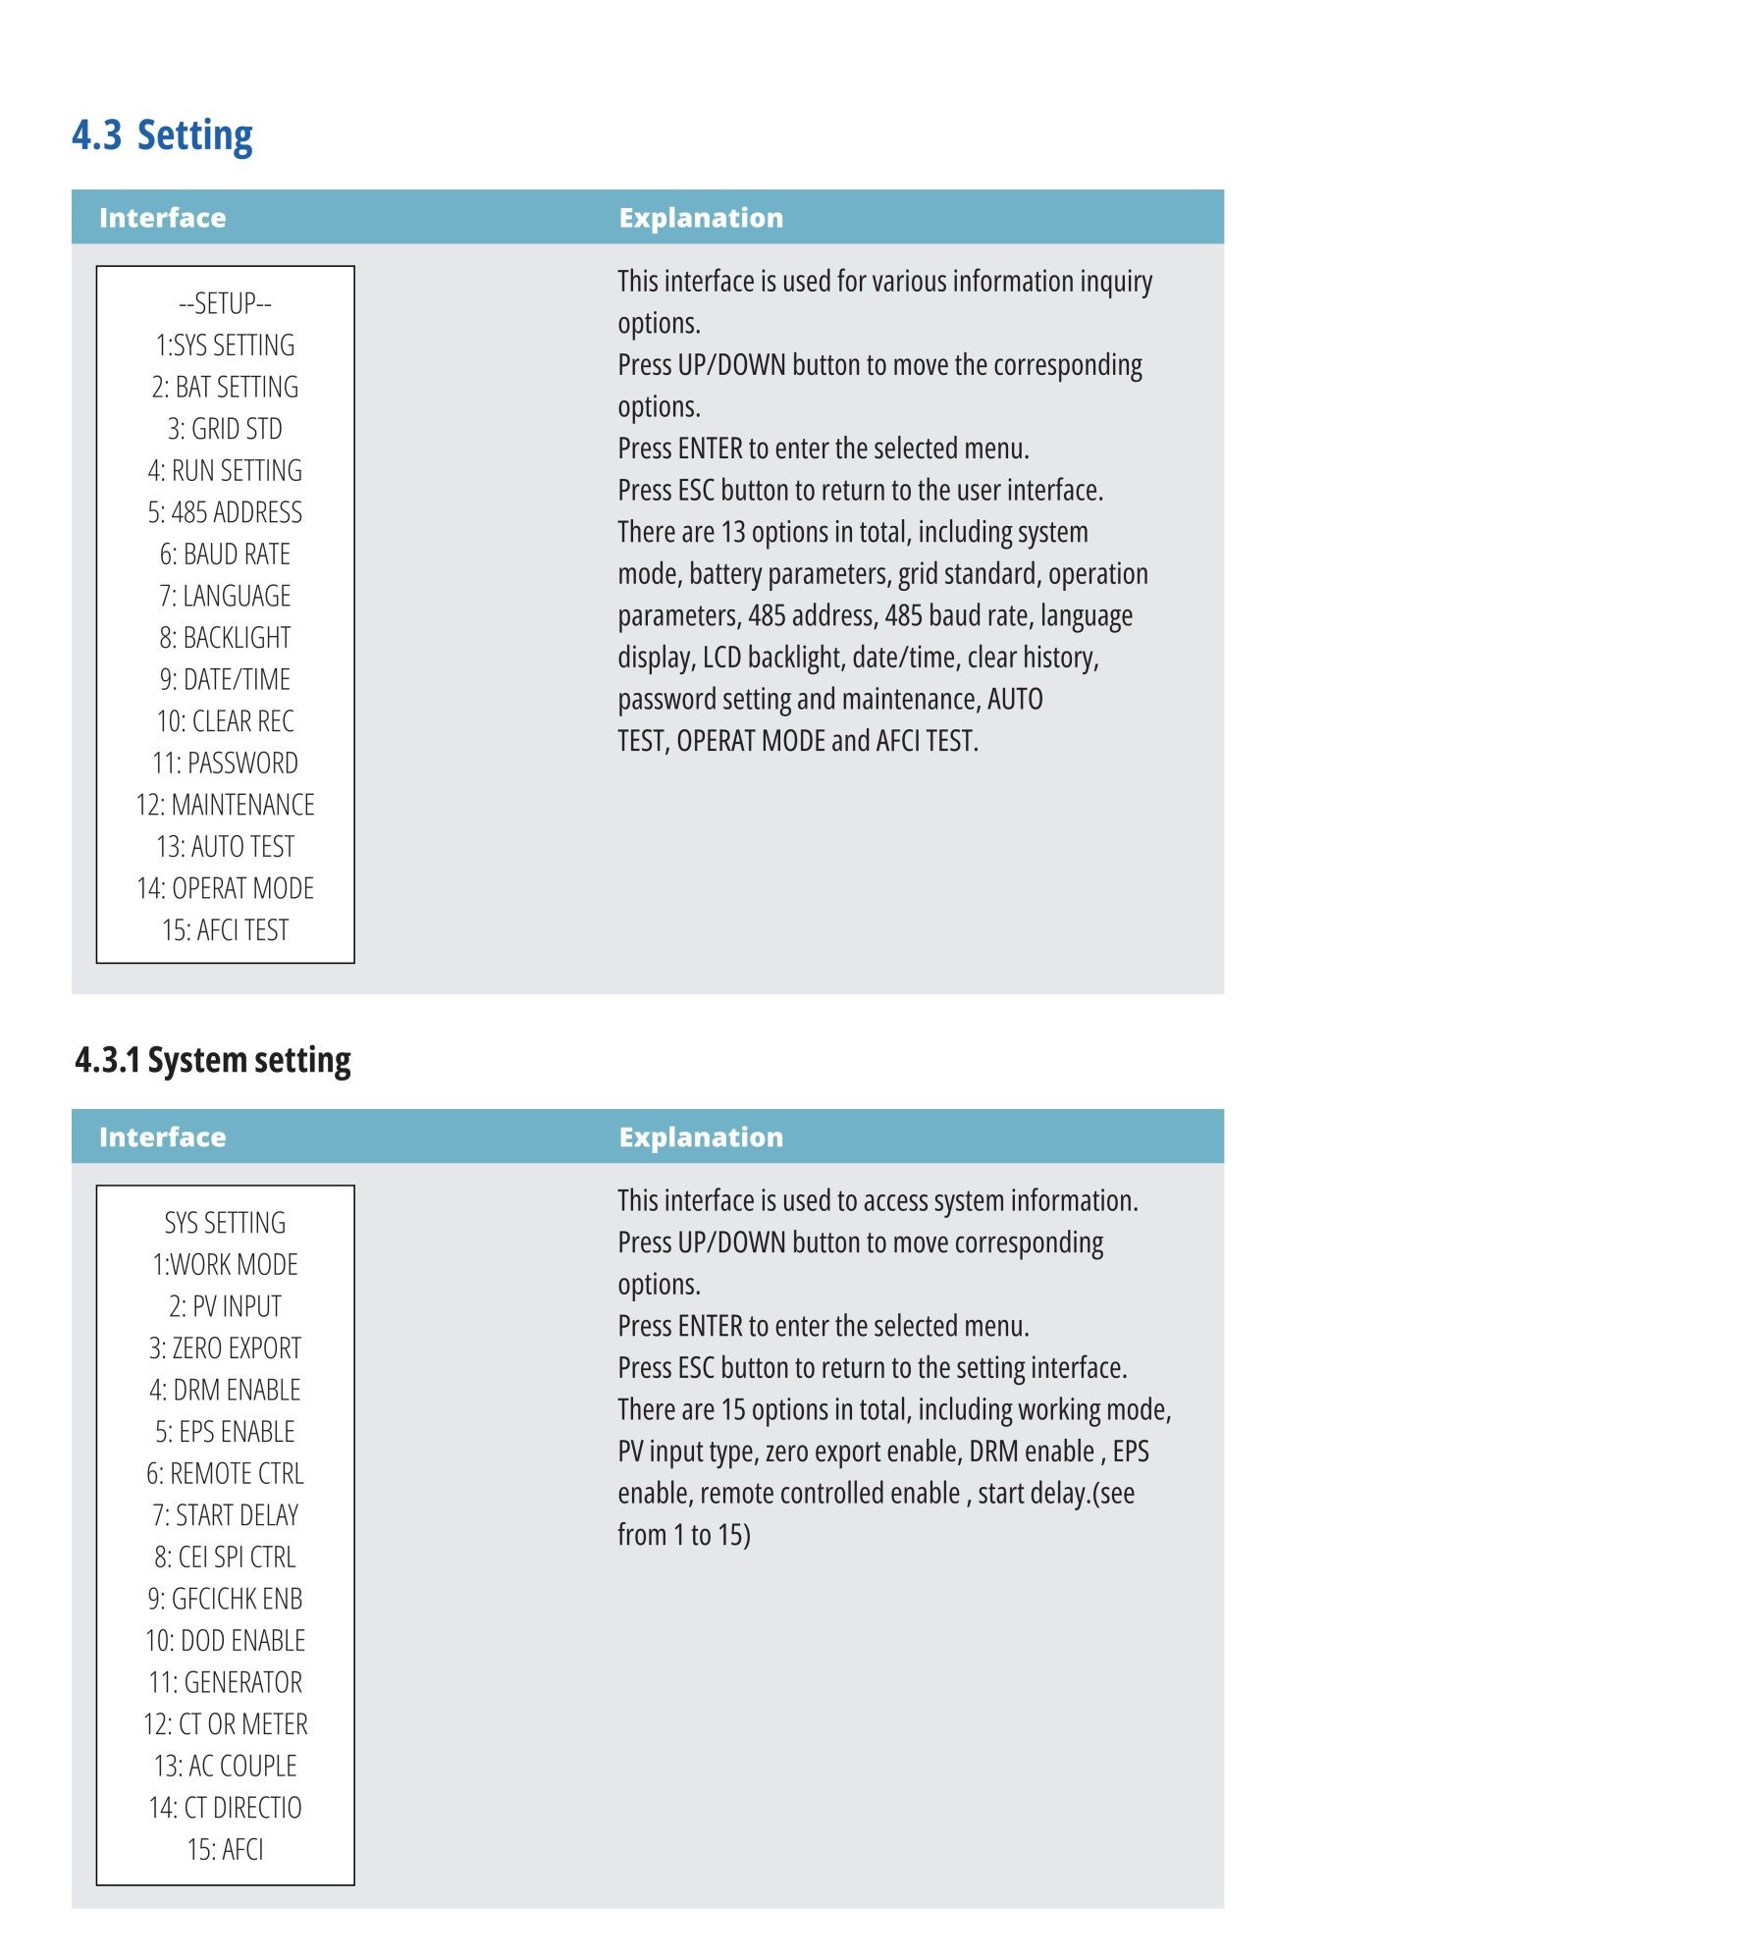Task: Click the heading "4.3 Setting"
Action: [x=162, y=135]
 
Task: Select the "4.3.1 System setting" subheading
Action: [x=213, y=1061]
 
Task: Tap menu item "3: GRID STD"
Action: [x=225, y=429]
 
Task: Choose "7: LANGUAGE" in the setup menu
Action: [x=225, y=596]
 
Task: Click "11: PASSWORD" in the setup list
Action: [x=225, y=763]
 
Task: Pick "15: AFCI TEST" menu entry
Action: [x=225, y=929]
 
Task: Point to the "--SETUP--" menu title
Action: [x=225, y=303]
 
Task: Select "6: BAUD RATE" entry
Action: [x=225, y=555]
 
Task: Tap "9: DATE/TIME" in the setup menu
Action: [x=225, y=679]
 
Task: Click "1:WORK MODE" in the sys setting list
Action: [x=225, y=1264]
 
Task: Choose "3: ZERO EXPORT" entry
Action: [x=225, y=1348]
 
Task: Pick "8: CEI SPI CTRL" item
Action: [x=225, y=1557]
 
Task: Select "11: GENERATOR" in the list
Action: [x=225, y=1682]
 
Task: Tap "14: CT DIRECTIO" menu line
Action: [x=225, y=1808]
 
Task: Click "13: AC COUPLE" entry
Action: [x=225, y=1766]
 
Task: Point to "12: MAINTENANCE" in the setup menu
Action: [x=225, y=805]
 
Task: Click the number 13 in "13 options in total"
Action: [x=733, y=532]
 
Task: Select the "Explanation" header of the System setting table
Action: [x=701, y=1136]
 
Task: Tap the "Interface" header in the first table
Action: [x=162, y=218]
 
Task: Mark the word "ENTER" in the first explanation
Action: [x=710, y=449]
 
